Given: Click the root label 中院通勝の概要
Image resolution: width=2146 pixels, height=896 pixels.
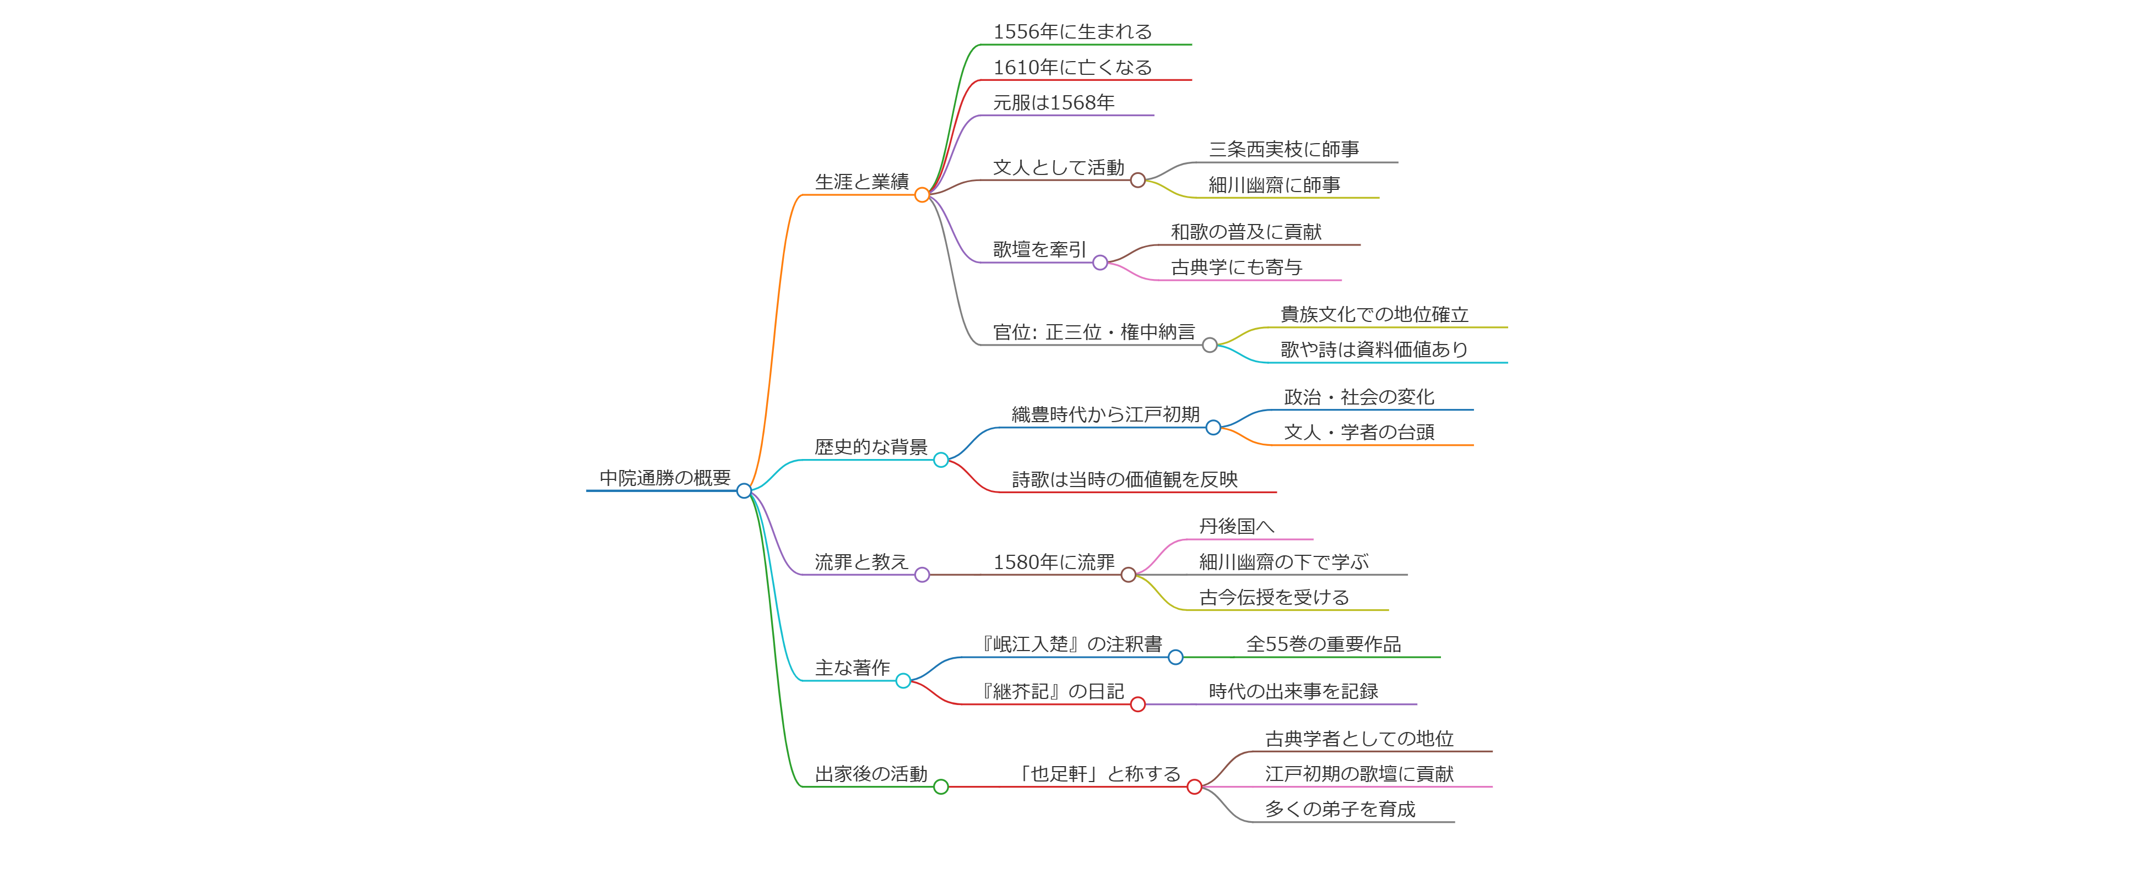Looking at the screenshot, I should pyautogui.click(x=665, y=478).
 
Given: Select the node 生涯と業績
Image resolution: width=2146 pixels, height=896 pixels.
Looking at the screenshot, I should pyautogui.click(x=861, y=182).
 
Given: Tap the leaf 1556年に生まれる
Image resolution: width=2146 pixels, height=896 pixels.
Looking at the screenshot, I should pyautogui.click(x=1072, y=31).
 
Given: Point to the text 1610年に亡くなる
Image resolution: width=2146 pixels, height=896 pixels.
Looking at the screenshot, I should pyautogui.click(x=1072, y=68).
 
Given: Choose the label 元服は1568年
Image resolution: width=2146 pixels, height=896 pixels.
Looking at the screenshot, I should pyautogui.click(x=1053, y=102).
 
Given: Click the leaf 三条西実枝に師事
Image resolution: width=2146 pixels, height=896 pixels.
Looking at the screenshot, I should pyautogui.click(x=1284, y=149).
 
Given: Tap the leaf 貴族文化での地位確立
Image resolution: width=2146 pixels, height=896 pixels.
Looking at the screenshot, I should pyautogui.click(x=1374, y=314).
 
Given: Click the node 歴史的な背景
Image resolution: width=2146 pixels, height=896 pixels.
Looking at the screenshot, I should pyautogui.click(x=870, y=447).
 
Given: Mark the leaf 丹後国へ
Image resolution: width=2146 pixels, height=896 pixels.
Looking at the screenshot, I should pyautogui.click(x=1236, y=526).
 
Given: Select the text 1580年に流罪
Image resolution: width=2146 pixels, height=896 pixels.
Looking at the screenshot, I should pyautogui.click(x=1053, y=562).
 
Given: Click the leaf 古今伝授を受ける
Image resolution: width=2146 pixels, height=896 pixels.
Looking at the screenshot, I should pyautogui.click(x=1273, y=597).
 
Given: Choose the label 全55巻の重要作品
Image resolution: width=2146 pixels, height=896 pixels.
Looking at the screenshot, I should pyautogui.click(x=1323, y=644).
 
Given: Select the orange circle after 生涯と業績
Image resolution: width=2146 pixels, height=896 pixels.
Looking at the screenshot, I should pyautogui.click(x=922, y=195).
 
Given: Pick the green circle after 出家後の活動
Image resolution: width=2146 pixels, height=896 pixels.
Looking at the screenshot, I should pyautogui.click(x=941, y=787).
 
